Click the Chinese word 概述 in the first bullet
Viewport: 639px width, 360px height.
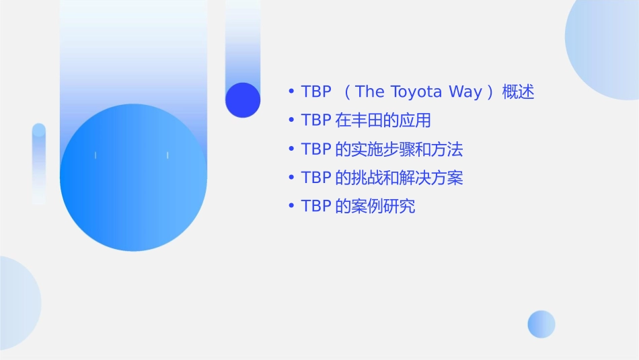pyautogui.click(x=518, y=92)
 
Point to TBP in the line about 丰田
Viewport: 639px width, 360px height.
pyautogui.click(x=316, y=121)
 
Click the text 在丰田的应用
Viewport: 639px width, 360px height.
pyautogui.click(x=382, y=121)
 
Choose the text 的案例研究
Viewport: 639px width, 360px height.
pyautogui.click(x=375, y=207)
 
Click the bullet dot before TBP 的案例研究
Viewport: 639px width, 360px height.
pyautogui.click(x=291, y=207)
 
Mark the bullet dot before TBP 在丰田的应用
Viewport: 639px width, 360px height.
pyautogui.click(x=291, y=121)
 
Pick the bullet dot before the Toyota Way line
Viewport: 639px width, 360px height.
pyautogui.click(x=291, y=92)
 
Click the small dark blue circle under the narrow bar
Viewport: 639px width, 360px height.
pyautogui.click(x=243, y=100)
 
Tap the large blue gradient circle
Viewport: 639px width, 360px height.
pyautogui.click(x=133, y=178)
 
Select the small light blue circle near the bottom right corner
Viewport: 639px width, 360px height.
pyautogui.click(x=541, y=324)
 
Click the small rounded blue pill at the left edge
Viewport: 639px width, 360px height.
pyautogui.click(x=39, y=163)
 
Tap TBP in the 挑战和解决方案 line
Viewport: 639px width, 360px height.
pyautogui.click(x=316, y=178)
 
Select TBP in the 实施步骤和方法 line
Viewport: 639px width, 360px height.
pyautogui.click(x=316, y=149)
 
